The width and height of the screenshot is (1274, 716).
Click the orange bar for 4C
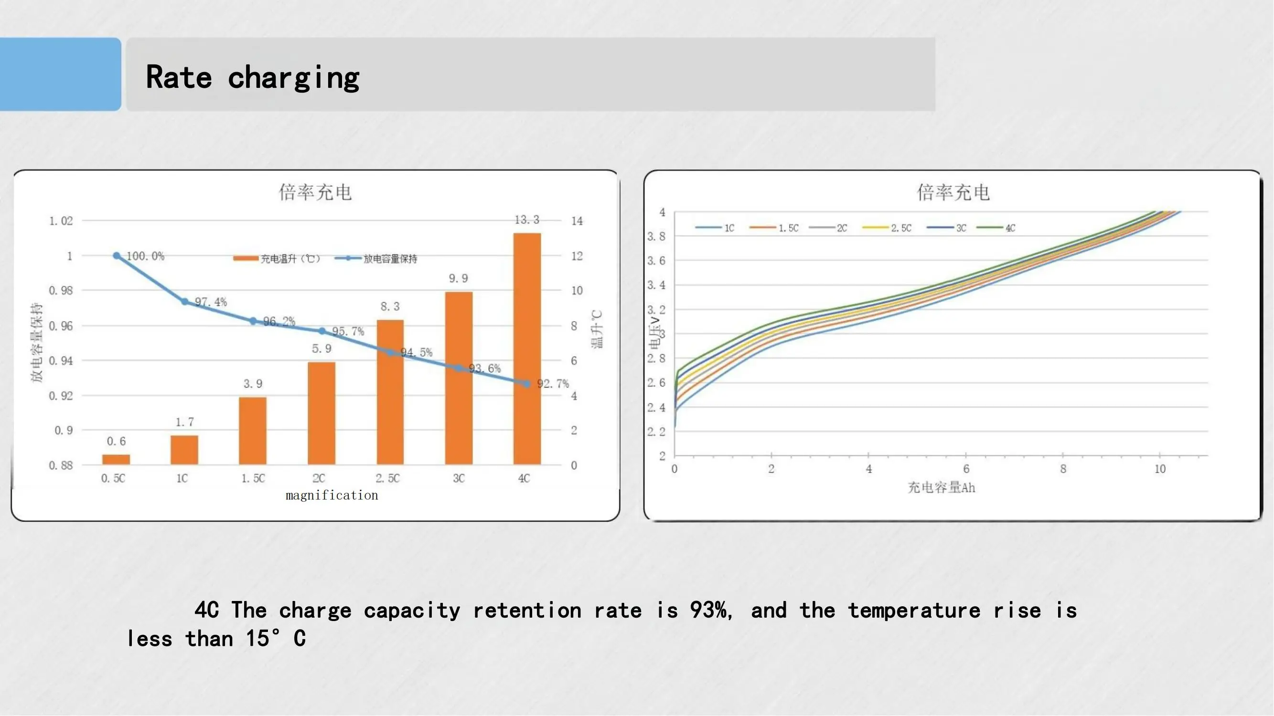pyautogui.click(x=527, y=348)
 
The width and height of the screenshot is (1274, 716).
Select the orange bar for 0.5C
pyautogui.click(x=116, y=459)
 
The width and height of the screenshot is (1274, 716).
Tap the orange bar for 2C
pyautogui.click(x=321, y=413)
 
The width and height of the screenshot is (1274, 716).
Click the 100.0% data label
pyautogui.click(x=145, y=256)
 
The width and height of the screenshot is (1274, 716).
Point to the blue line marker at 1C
pyautogui.click(x=184, y=301)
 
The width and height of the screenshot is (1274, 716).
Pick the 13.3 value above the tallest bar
pyautogui.click(x=527, y=220)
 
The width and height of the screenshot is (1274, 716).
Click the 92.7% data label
pyautogui.click(x=553, y=383)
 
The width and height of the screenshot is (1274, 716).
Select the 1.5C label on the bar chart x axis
pyautogui.click(x=253, y=478)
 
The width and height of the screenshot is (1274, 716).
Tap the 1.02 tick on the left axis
pyautogui.click(x=61, y=221)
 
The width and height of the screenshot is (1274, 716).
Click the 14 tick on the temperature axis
pyautogui.click(x=577, y=221)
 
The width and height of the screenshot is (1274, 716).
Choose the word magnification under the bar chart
pyautogui.click(x=332, y=495)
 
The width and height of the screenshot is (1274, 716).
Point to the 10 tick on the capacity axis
pyautogui.click(x=1160, y=469)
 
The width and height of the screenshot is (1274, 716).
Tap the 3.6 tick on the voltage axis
pyautogui.click(x=656, y=261)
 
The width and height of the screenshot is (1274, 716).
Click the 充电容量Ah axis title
pyautogui.click(x=941, y=488)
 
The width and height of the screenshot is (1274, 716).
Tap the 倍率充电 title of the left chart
pyautogui.click(x=316, y=192)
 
